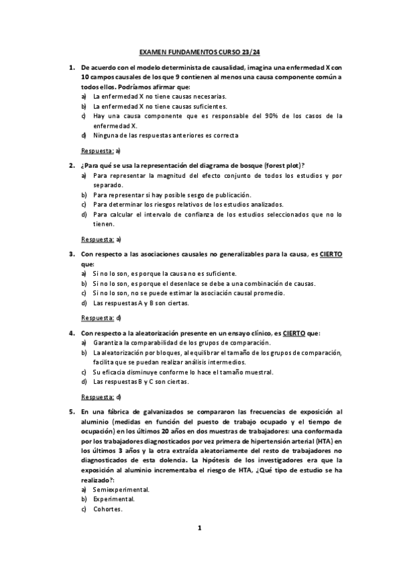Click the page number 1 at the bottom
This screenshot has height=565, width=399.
click(199, 528)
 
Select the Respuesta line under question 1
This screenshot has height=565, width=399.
click(100, 151)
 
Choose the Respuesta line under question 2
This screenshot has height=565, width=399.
click(100, 239)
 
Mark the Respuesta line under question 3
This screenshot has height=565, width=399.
click(100, 318)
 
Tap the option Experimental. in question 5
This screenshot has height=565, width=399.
click(114, 499)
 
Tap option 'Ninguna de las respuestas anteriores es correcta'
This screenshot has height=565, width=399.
click(166, 135)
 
